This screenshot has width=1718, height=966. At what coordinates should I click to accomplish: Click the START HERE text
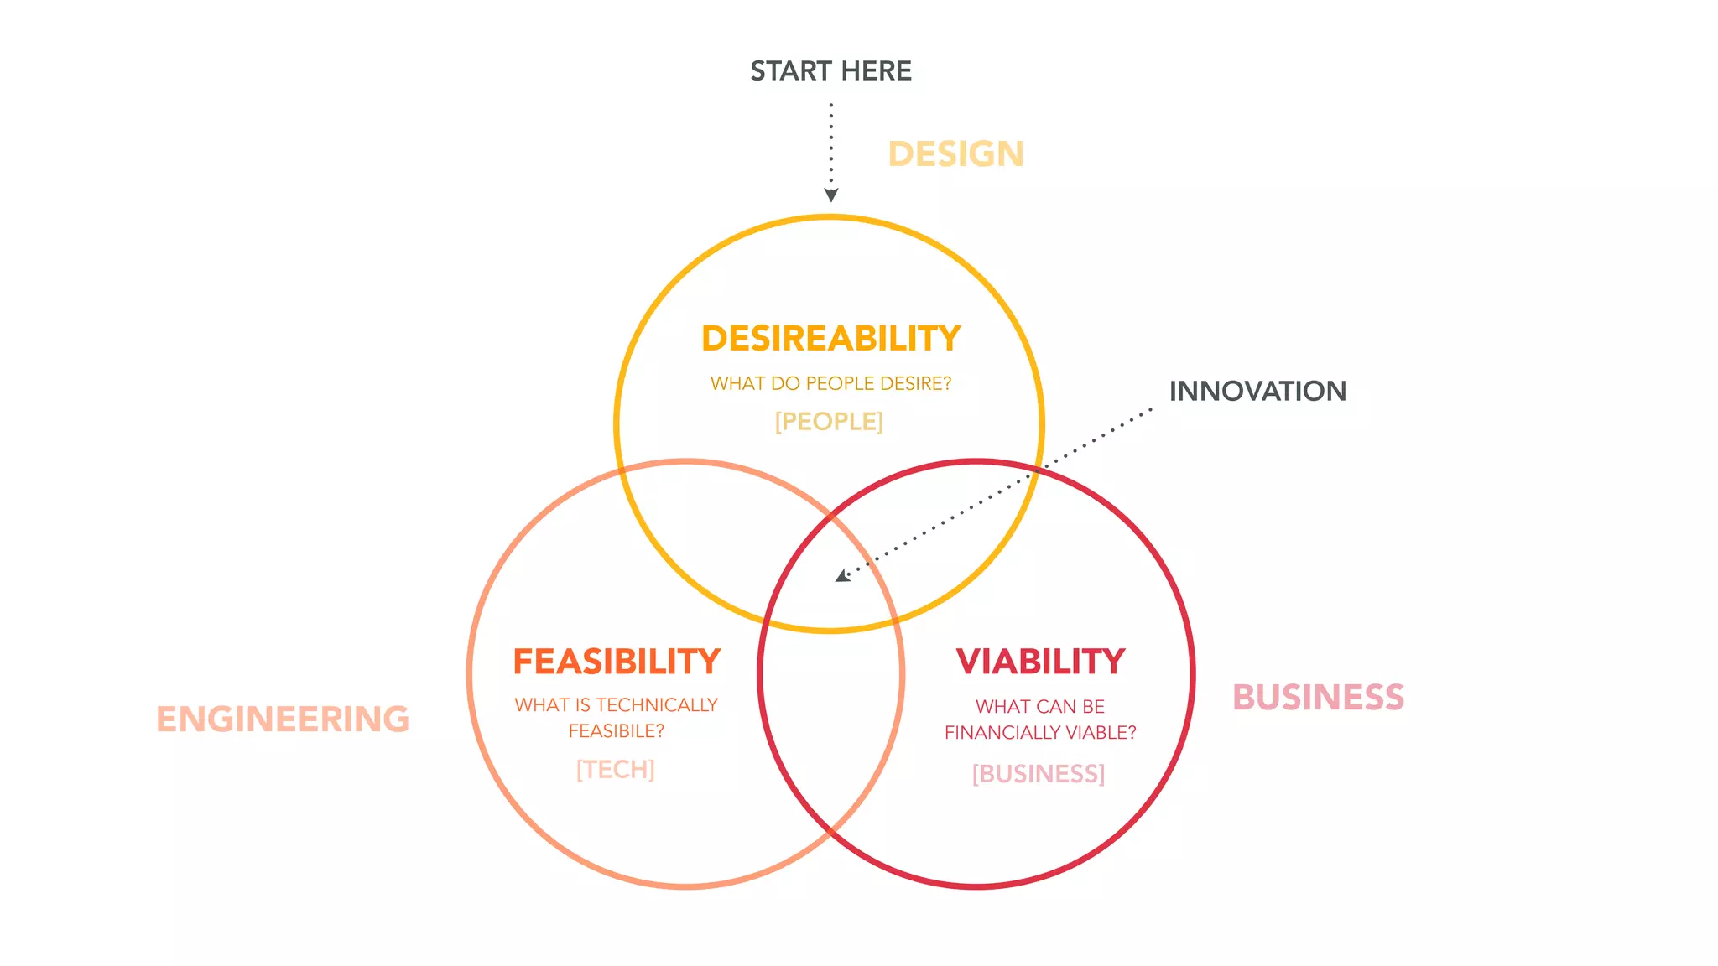(830, 71)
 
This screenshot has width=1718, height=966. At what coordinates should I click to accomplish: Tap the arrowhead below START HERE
(830, 195)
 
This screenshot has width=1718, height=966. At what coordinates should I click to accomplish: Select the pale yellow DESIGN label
(955, 154)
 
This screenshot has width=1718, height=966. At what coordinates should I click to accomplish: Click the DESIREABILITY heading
(830, 339)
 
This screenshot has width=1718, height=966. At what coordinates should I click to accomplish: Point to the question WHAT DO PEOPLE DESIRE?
(830, 383)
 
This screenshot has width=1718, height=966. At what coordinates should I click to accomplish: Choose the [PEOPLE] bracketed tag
(829, 421)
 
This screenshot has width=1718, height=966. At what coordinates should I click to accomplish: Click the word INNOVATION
(1257, 391)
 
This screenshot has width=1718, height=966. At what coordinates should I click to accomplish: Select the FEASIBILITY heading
(617, 662)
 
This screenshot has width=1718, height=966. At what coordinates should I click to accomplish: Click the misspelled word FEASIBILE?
(617, 731)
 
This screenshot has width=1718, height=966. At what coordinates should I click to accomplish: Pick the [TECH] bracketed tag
(615, 769)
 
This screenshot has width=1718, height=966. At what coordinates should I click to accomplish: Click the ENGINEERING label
(283, 719)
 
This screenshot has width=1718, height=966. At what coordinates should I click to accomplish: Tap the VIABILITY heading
(1040, 662)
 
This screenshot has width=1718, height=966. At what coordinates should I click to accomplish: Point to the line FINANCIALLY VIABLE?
(1040, 733)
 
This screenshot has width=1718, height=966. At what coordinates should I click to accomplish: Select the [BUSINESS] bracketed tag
(1039, 773)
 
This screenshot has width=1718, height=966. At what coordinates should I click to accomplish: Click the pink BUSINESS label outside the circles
(1318, 698)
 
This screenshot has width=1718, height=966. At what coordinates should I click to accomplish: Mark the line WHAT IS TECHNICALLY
(617, 705)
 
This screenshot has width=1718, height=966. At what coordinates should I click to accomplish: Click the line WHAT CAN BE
(1040, 707)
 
